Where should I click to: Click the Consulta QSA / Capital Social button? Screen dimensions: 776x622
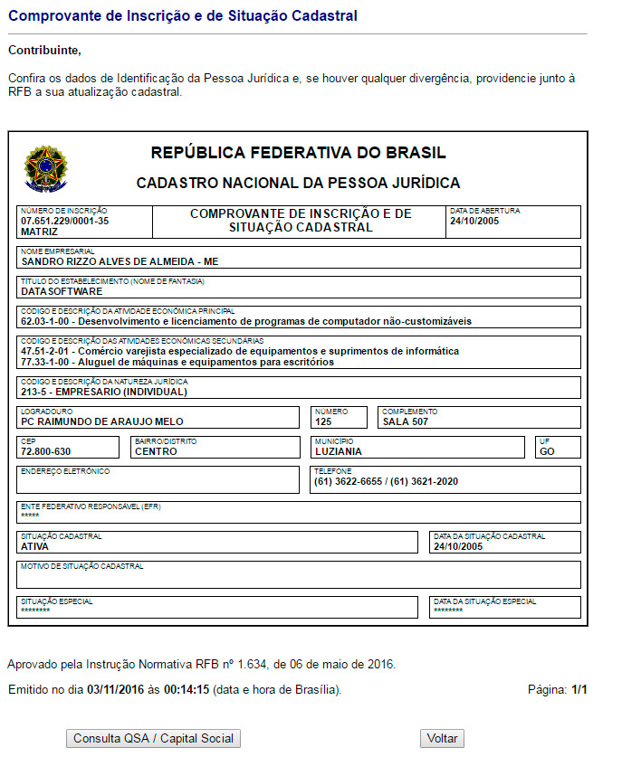(153, 739)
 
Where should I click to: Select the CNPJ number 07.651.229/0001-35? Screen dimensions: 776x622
(64, 221)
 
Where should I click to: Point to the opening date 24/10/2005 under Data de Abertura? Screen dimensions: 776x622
(474, 221)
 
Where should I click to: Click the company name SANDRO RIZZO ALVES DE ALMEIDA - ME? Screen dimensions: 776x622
(120, 261)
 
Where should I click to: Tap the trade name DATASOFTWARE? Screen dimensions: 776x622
(62, 291)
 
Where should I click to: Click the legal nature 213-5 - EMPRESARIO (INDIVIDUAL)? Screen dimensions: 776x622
(104, 392)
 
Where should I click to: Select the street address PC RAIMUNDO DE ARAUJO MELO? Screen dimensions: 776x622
(102, 421)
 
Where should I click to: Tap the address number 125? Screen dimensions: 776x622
(324, 421)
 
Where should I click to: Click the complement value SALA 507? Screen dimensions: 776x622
(406, 421)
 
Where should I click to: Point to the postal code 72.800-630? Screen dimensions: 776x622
(46, 451)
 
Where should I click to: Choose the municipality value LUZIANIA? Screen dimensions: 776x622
(339, 451)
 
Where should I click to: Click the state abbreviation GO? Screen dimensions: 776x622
(547, 451)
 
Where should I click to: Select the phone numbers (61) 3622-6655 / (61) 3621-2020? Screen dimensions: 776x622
(387, 481)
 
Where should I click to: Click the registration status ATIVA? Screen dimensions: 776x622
(35, 546)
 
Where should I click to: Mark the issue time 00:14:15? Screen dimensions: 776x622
(187, 690)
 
